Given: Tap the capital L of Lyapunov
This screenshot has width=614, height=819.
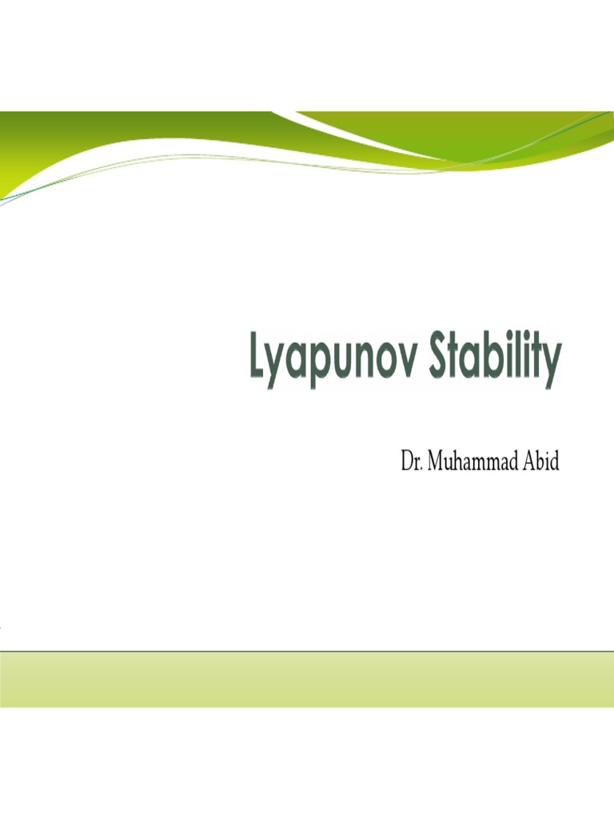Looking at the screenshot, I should click(x=257, y=359).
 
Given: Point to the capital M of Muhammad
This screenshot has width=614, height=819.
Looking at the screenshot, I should click(x=437, y=462).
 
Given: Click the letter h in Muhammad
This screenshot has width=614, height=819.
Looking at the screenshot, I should click(x=459, y=462).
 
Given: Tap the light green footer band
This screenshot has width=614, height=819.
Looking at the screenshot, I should click(x=307, y=679).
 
